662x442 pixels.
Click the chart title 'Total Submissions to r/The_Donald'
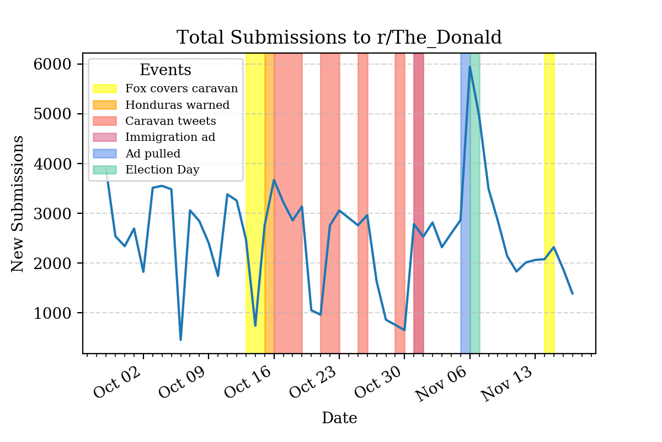pyautogui.click(x=339, y=38)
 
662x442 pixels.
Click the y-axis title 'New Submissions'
pyautogui.click(x=18, y=203)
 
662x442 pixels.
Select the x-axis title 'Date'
pyautogui.click(x=339, y=418)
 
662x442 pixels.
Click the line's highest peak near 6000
pyautogui.click(x=469, y=67)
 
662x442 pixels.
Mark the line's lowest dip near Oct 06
pyautogui.click(x=180, y=339)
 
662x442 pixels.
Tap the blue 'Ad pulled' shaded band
pyautogui.click(x=465, y=249)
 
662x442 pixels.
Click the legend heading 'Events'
pyautogui.click(x=165, y=70)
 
